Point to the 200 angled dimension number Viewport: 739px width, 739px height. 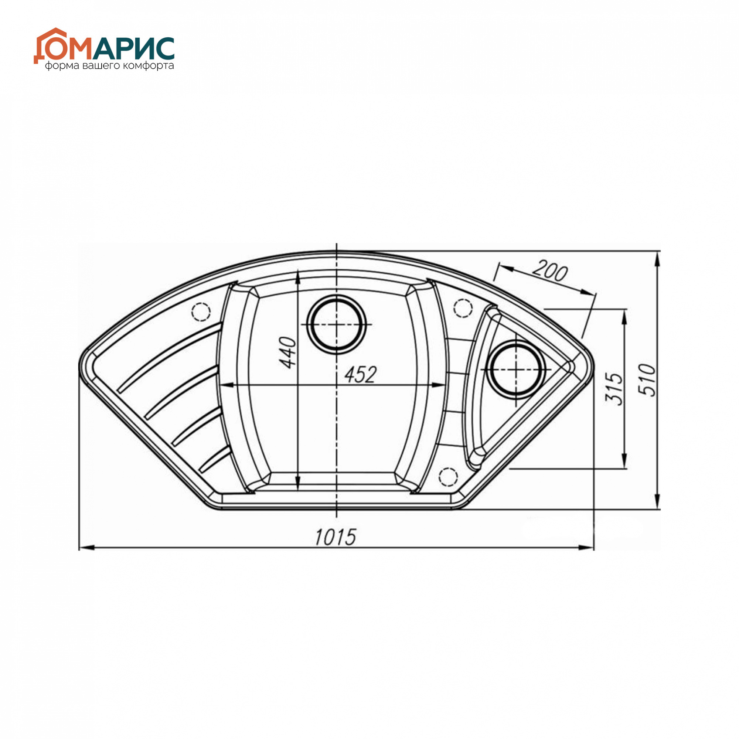point(550,272)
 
